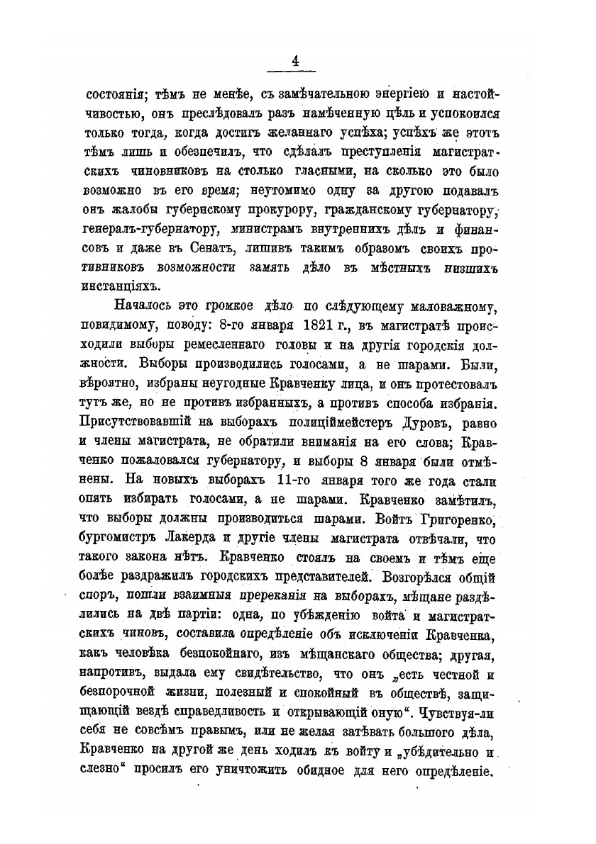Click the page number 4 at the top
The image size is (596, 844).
tap(294, 62)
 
